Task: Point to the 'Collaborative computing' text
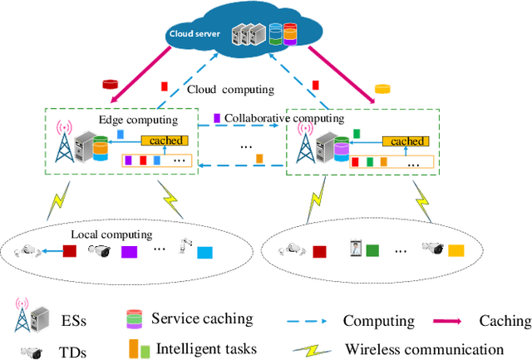[283, 118]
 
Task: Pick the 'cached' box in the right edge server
[406, 141]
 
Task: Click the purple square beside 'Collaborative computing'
[217, 118]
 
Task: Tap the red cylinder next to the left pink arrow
[109, 84]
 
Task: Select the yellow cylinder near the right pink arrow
[382, 87]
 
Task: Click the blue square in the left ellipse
[204, 251]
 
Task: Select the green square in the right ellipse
[372, 249]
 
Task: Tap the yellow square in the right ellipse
[456, 249]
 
